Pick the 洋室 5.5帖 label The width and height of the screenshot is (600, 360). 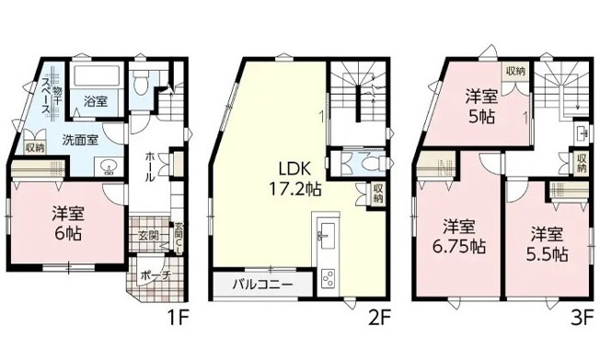pyautogui.click(x=548, y=242)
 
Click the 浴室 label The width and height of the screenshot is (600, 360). pyautogui.click(x=95, y=101)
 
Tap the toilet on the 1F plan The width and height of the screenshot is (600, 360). pyautogui.click(x=139, y=86)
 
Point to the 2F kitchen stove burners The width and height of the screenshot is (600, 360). pyautogui.click(x=328, y=279)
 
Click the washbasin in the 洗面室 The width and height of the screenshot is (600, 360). pyautogui.click(x=109, y=168)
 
